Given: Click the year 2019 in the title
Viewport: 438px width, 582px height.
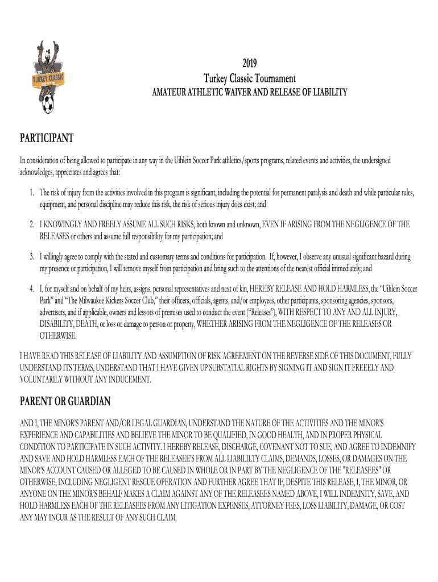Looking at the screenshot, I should (249, 64).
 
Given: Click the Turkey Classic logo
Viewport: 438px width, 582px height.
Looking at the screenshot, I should (48, 77).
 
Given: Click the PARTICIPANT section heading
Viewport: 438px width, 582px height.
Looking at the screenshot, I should (47, 138).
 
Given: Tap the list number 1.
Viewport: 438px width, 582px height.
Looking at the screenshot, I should (33, 194).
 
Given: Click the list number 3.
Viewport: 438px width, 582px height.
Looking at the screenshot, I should (33, 257).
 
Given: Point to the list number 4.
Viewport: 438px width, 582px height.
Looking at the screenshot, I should (33, 289).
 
